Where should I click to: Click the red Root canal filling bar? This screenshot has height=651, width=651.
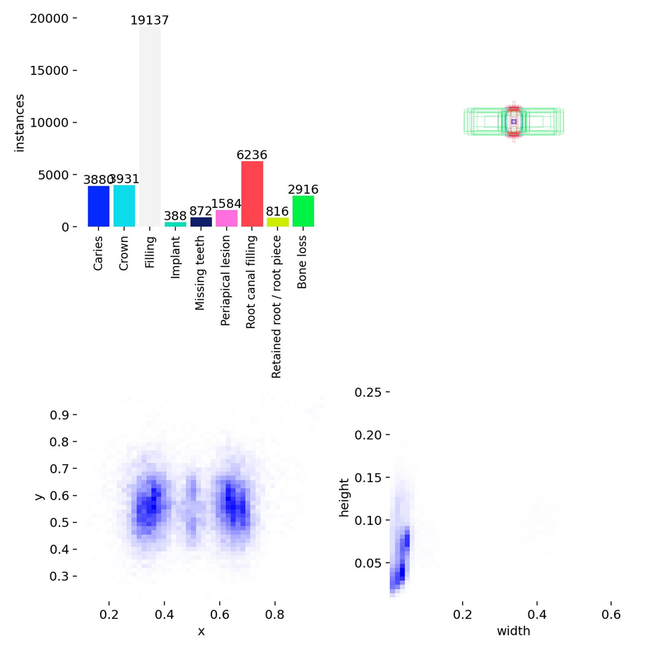click(x=252, y=194)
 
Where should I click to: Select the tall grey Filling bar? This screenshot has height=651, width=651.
click(x=150, y=127)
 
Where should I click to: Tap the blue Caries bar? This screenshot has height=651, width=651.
click(x=99, y=206)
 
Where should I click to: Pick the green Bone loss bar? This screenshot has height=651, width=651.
click(x=303, y=211)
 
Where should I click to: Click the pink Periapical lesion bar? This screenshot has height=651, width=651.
click(x=227, y=218)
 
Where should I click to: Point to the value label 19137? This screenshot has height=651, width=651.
click(x=150, y=20)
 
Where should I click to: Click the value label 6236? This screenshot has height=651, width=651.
click(x=252, y=155)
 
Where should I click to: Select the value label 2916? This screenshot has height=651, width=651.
click(x=303, y=189)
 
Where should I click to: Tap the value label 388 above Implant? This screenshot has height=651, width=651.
click(x=175, y=216)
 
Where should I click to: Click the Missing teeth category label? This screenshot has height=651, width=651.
click(x=200, y=273)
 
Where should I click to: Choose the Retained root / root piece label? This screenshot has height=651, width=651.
click(x=276, y=307)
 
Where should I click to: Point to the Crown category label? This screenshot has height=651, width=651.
click(x=124, y=253)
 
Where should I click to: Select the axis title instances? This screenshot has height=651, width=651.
click(x=19, y=123)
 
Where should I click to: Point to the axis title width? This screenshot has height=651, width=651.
click(x=514, y=631)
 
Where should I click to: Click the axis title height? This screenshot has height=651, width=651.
click(x=344, y=498)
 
